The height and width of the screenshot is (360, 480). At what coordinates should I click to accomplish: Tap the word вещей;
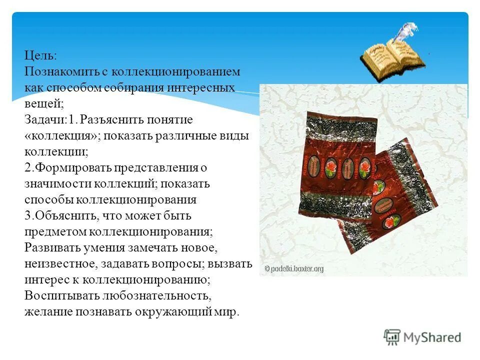[42, 103]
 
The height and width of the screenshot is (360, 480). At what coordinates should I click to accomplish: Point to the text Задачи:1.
[50, 120]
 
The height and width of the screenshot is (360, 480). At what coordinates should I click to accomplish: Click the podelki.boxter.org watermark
[294, 269]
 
